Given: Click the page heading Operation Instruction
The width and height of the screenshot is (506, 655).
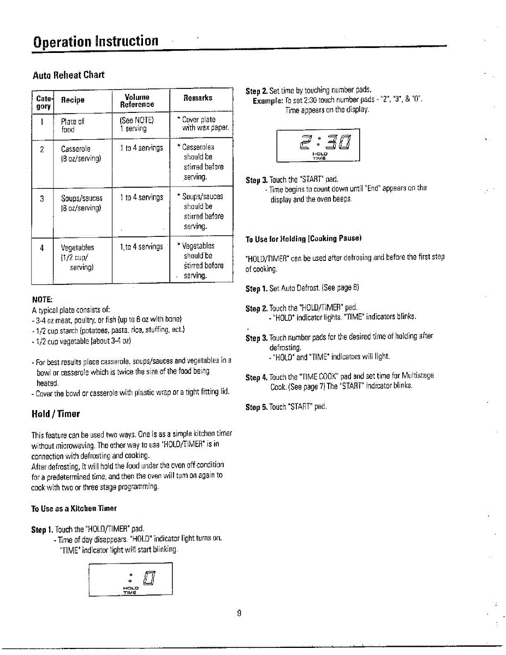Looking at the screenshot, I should coord(96,41).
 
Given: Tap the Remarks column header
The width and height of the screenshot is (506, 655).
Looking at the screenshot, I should coord(198,98).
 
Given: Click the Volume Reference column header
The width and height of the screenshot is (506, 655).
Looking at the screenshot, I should coord(137,100).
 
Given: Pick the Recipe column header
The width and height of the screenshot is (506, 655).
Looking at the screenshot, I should coord(73,100).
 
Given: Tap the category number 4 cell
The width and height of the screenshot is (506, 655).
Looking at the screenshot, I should coord(42,247).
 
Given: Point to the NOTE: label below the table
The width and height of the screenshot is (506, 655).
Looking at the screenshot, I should coord(42,300).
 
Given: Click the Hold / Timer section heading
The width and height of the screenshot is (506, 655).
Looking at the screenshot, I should coord(56,414).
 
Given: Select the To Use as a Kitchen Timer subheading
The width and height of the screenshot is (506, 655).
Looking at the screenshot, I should coord(74,508).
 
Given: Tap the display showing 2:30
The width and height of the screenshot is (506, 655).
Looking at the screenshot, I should coord(318,145).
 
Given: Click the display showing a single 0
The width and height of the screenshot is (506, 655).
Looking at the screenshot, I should coord(130,579).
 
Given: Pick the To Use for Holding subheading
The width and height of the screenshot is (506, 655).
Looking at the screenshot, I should coord(303,239).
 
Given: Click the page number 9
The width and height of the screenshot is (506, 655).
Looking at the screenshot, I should coord(239,613).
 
